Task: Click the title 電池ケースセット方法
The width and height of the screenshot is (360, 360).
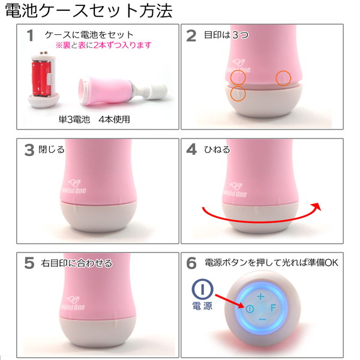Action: (x=88, y=11)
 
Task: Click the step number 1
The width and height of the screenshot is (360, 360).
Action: (x=29, y=36)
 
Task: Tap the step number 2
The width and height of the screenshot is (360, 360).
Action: (x=191, y=36)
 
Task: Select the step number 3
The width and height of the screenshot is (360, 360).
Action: (x=29, y=150)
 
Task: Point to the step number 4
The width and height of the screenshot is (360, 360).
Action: (x=191, y=150)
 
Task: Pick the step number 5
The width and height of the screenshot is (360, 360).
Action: (x=29, y=263)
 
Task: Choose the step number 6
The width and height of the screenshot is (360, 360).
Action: (x=191, y=263)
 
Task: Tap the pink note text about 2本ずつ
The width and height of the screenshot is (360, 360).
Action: (x=103, y=45)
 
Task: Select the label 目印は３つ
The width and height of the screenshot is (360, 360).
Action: (x=226, y=35)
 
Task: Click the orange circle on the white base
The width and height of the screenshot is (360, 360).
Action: (x=238, y=94)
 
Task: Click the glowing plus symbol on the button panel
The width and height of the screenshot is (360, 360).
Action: (x=260, y=296)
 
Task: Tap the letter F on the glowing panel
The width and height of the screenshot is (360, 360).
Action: (x=273, y=308)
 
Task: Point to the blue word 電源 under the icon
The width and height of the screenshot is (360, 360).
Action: (x=203, y=306)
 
